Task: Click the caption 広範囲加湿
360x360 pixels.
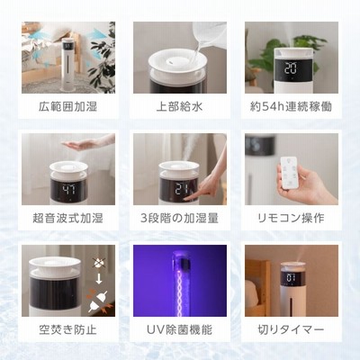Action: [68, 106]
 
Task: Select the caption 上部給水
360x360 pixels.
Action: [180, 106]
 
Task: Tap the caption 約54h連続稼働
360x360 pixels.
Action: [291, 106]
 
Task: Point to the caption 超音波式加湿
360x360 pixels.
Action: [68, 218]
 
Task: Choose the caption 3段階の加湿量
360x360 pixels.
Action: [180, 218]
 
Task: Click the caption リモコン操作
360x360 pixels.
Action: [291, 218]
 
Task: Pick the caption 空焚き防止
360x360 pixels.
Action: [68, 329]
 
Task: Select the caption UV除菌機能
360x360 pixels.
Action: [180, 329]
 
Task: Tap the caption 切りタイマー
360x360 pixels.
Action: [291, 329]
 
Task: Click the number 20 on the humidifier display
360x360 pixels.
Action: [291, 68]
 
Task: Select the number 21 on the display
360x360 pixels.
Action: [182, 189]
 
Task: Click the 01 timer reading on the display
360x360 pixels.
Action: [291, 277]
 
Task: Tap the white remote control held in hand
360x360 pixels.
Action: [288, 173]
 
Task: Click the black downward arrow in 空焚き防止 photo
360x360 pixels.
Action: [99, 279]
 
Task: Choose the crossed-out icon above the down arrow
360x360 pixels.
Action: [98, 264]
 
